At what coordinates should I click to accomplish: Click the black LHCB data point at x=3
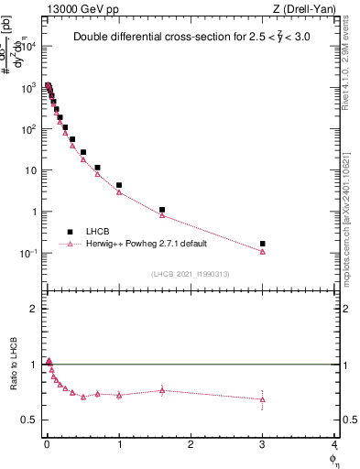coord(263,244)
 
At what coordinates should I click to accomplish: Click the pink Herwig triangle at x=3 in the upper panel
coord(263,251)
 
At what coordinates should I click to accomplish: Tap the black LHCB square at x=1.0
coord(119,185)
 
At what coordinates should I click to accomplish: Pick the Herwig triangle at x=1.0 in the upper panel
coord(119,192)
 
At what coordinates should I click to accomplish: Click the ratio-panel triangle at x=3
coord(263,399)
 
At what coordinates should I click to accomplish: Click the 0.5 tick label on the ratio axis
coord(28,420)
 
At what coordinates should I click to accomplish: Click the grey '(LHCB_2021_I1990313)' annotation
coord(191,274)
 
